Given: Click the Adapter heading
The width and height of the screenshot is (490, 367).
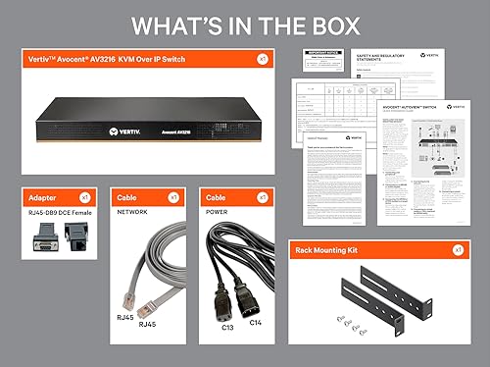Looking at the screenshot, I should click(43, 197).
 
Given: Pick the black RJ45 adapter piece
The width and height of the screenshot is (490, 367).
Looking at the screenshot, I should click(74, 235).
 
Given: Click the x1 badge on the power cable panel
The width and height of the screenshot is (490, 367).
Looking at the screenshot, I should click(262, 197).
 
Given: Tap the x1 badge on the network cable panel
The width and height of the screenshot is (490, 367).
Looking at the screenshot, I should click(173, 197).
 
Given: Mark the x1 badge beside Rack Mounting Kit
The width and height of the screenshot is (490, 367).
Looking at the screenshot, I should click(458, 250).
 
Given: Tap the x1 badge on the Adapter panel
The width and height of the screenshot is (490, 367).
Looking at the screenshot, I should click(85, 197).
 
